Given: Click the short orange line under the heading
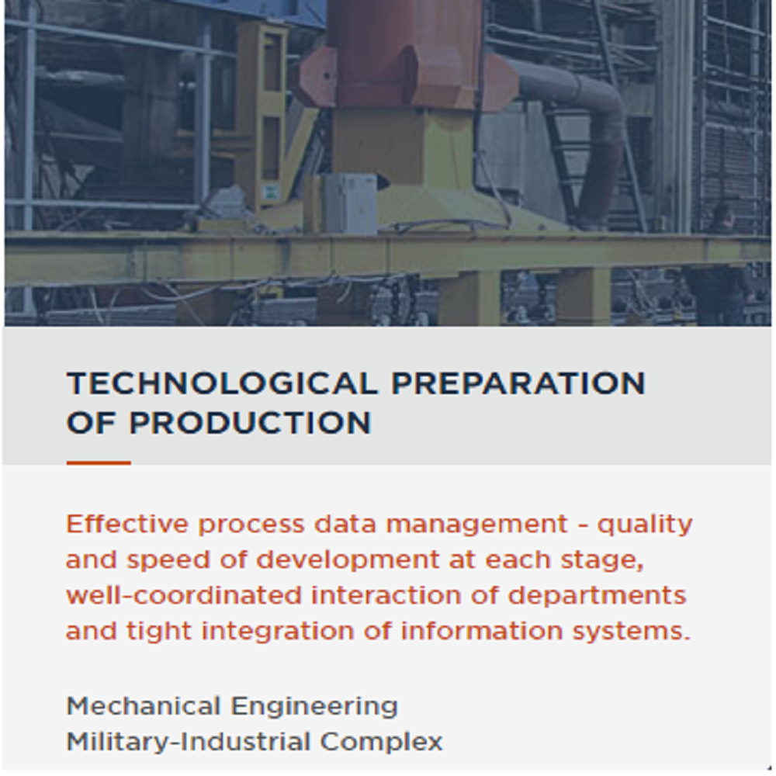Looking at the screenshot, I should pyautogui.click(x=99, y=463).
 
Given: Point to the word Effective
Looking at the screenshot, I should pyautogui.click(x=126, y=524).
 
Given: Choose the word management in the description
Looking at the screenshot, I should pyautogui.click(x=477, y=525).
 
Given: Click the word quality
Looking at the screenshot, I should pyautogui.click(x=644, y=525).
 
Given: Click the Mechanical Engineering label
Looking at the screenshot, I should pyautogui.click(x=232, y=706).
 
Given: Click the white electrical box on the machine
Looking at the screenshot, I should pyautogui.click(x=350, y=203).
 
